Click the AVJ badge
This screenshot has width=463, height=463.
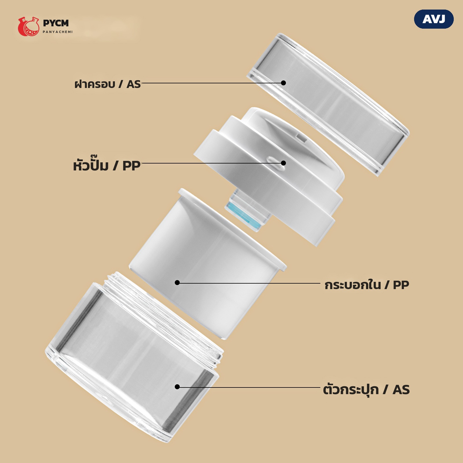click(434, 19)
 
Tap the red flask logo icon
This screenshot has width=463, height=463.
click(28, 26)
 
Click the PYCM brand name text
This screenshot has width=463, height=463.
click(56, 23)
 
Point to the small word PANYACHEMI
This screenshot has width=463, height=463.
click(58, 32)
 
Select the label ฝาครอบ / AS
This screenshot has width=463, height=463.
click(107, 84)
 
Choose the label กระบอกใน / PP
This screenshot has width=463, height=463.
click(367, 285)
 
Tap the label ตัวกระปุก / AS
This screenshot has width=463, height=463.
click(366, 389)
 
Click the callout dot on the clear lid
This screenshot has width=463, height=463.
click(284, 83)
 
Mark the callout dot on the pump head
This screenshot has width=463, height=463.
click(284, 163)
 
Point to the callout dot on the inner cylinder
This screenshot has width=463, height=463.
click(177, 283)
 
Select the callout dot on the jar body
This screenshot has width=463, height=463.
click(177, 387)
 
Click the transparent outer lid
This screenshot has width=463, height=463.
click(328, 104)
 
